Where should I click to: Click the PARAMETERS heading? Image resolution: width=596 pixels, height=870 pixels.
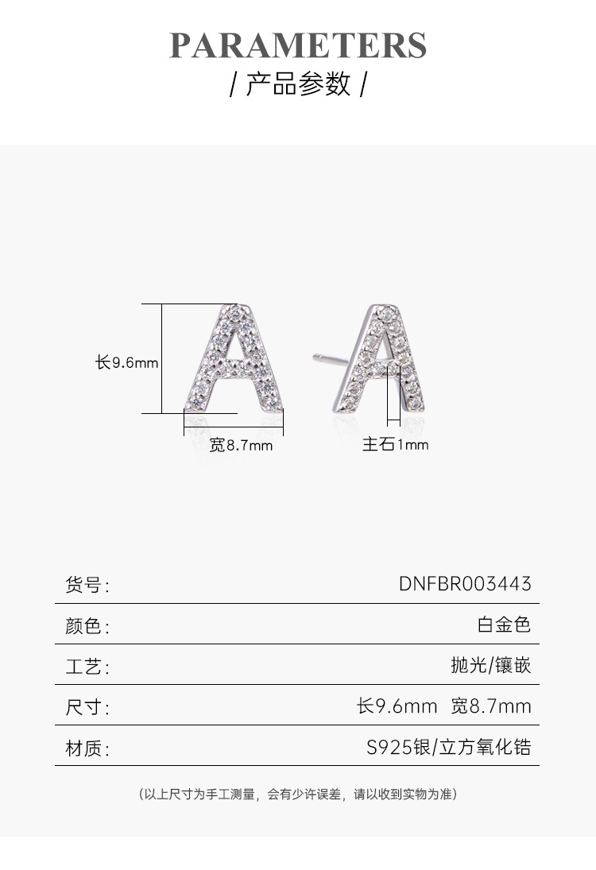point(298,45)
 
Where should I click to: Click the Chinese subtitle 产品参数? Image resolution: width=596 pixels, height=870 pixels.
point(298,84)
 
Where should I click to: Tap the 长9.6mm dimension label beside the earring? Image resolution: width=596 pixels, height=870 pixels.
point(127,362)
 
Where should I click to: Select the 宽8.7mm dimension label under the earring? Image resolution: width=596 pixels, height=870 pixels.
point(241,446)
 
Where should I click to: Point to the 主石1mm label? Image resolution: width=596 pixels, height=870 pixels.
point(395,445)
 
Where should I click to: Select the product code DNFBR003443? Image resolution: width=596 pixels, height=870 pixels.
point(465,584)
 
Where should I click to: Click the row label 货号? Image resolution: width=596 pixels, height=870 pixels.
point(86,586)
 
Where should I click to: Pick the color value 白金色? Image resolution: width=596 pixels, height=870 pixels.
point(504,624)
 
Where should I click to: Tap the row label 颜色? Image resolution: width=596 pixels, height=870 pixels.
point(86,626)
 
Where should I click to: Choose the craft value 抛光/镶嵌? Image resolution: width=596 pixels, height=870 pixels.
point(490,665)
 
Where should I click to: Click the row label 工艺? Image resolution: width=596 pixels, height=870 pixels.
point(86,667)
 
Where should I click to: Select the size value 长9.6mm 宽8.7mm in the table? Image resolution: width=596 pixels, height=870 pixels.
point(443,706)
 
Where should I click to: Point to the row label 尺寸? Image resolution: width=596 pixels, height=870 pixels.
point(86,707)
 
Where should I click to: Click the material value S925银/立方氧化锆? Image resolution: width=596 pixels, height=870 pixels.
point(448,747)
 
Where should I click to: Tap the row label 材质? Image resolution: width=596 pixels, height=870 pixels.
point(86,748)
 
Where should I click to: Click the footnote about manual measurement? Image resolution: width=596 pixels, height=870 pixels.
point(298,794)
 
